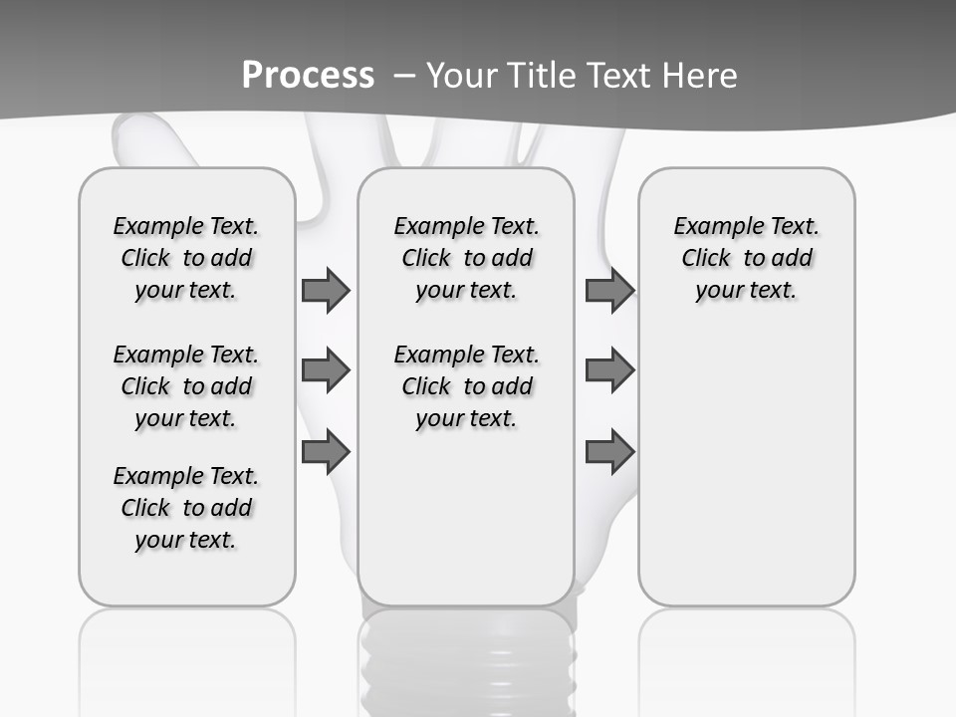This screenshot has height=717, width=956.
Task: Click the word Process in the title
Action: click(308, 76)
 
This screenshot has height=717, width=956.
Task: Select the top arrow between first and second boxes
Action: click(326, 290)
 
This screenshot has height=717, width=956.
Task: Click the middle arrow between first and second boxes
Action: click(326, 370)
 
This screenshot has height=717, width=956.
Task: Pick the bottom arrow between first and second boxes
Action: click(326, 452)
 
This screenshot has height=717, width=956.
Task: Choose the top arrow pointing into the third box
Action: click(609, 290)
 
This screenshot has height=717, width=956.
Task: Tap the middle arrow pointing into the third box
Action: click(609, 370)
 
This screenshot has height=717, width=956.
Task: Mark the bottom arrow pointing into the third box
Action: click(609, 452)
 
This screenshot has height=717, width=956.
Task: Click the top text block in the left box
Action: click(186, 258)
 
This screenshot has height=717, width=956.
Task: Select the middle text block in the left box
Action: click(186, 386)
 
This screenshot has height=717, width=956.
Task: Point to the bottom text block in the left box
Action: click(186, 508)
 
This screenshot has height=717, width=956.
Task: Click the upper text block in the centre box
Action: click(467, 258)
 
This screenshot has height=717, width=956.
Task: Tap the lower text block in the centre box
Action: click(467, 386)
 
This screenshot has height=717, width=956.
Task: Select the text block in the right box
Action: click(747, 258)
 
